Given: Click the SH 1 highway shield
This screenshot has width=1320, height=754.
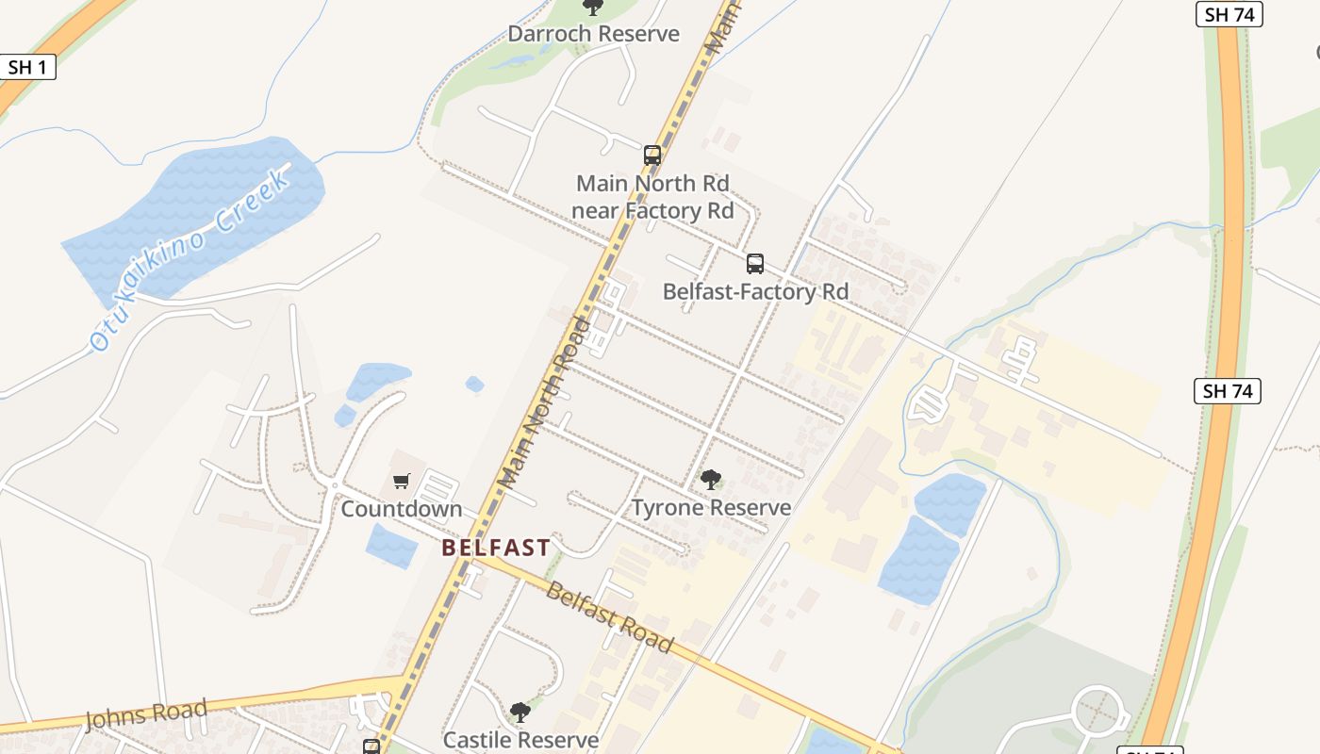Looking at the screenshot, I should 27,66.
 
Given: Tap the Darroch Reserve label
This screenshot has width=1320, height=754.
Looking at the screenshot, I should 593,34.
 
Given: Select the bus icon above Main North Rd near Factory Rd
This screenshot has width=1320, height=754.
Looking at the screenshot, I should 652,155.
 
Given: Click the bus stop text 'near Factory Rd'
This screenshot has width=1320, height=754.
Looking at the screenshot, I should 652,210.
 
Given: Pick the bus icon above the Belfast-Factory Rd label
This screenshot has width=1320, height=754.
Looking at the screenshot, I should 754,263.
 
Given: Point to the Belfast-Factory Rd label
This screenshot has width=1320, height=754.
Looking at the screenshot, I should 755,292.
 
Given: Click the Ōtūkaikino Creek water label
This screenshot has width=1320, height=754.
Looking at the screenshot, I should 189,261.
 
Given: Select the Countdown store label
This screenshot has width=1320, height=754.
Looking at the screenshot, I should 402,509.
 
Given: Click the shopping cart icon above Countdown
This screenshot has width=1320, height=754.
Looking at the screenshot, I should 402,482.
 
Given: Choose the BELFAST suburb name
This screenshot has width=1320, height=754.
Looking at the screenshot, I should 496,548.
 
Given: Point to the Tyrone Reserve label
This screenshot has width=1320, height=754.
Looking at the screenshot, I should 711,508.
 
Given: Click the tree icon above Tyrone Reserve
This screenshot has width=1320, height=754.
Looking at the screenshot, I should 710,480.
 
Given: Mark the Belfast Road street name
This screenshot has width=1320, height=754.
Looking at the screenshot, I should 609,618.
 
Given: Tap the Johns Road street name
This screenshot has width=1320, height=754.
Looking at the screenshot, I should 146,714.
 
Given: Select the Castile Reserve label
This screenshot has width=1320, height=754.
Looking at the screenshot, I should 520,740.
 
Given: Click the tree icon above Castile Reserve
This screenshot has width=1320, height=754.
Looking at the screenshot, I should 520,712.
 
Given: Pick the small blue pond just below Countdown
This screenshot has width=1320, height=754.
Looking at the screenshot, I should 390,548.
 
